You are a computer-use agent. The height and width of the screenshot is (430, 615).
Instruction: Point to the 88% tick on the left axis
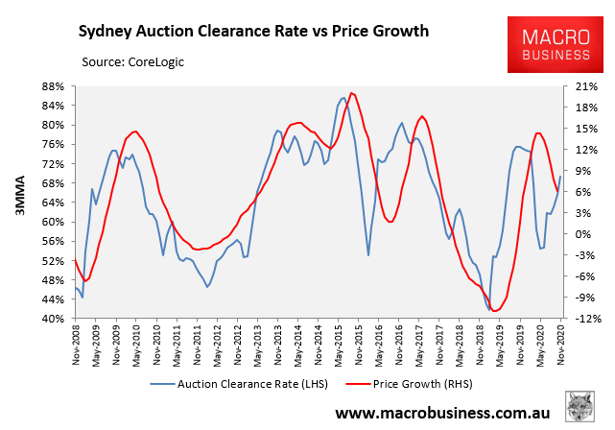[x=51, y=85]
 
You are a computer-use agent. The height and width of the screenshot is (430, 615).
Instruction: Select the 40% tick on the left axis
[x=51, y=319]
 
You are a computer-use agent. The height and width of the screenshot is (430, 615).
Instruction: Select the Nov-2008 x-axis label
[x=75, y=342]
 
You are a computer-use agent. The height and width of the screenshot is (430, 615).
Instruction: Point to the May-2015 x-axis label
[x=339, y=342]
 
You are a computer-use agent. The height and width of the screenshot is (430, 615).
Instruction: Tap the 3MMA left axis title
[x=18, y=202]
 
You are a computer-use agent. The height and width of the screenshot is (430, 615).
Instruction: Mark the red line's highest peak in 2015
[x=352, y=93]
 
